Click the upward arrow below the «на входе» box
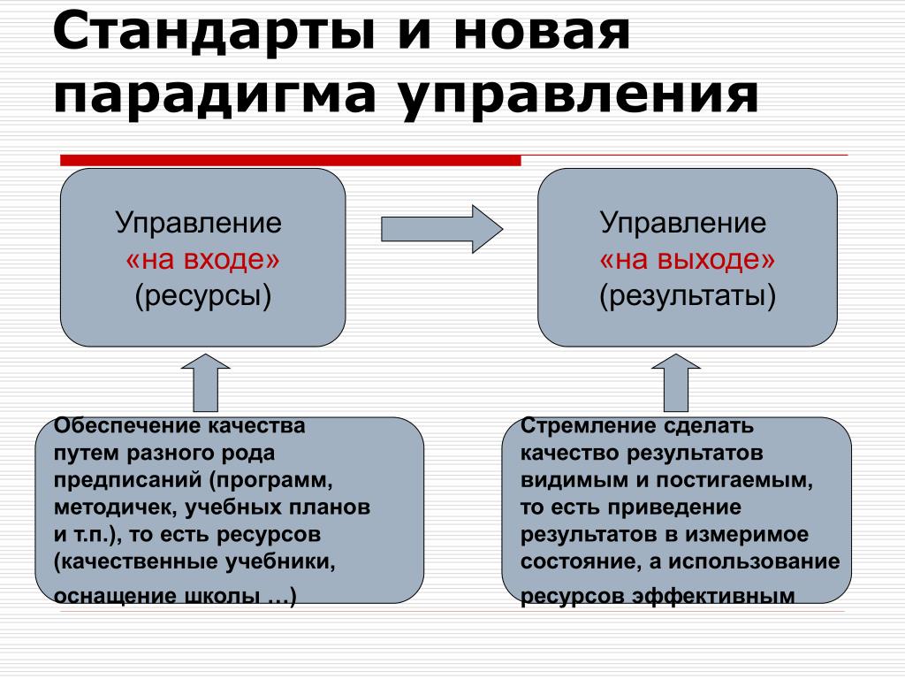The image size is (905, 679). click(205, 383)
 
